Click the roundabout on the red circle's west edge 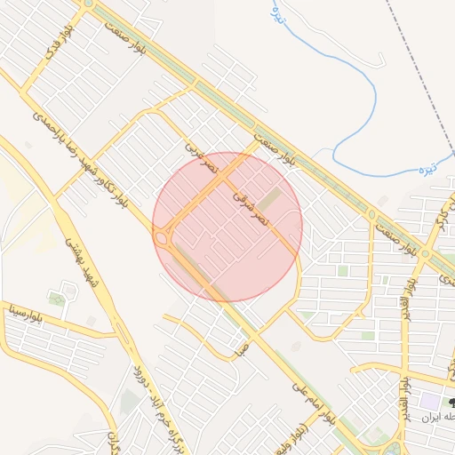(x=163, y=238)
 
